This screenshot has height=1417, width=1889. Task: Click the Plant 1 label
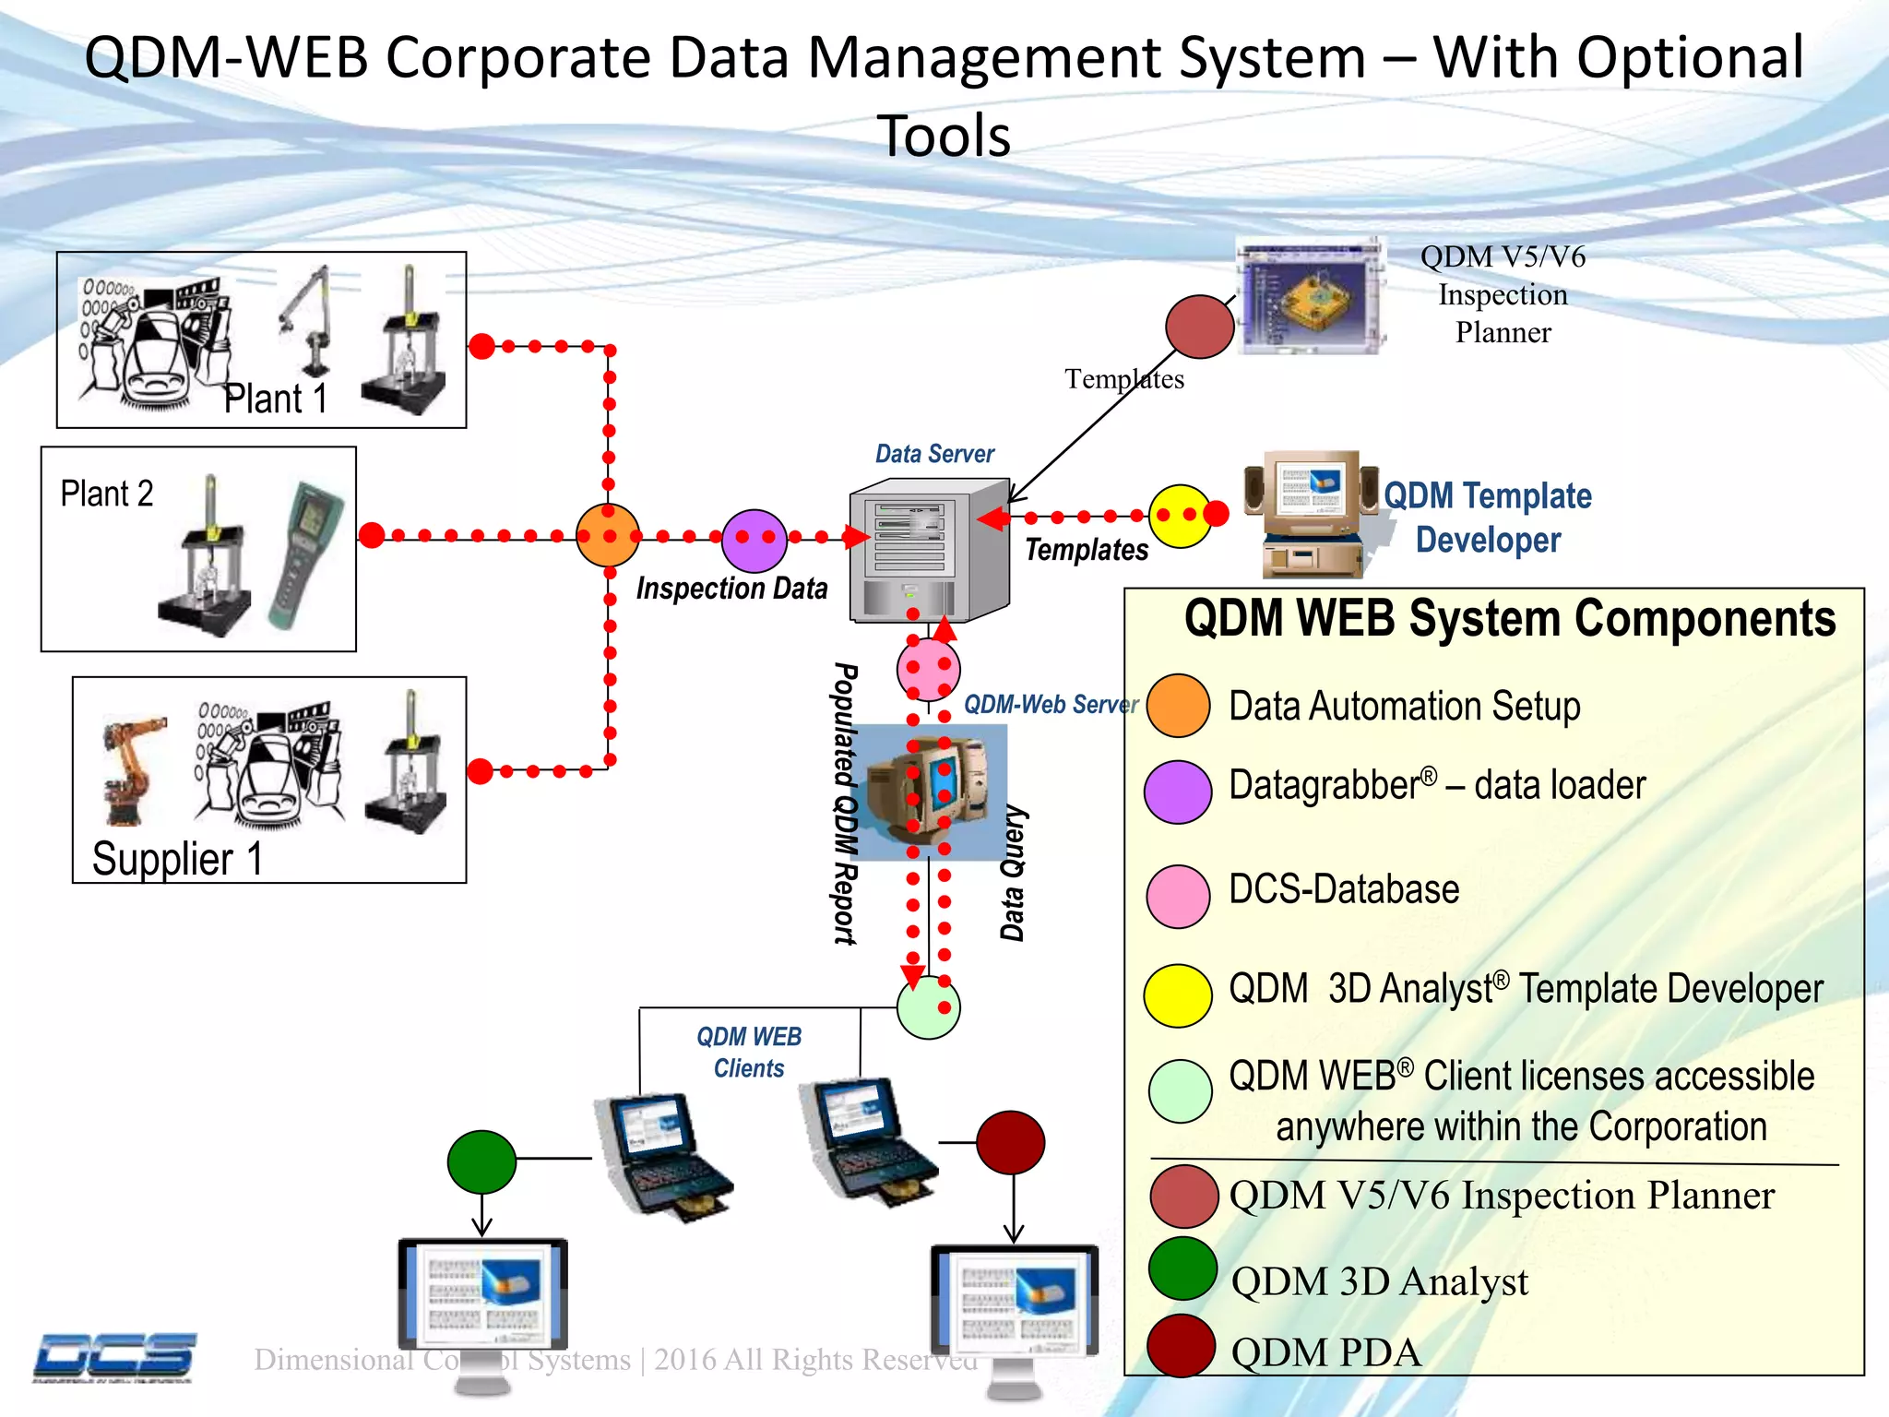[x=276, y=399]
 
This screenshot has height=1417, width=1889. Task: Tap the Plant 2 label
[x=107, y=494]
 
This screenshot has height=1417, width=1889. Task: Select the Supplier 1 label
[x=177, y=859]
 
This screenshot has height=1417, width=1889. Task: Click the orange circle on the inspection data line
[x=608, y=535]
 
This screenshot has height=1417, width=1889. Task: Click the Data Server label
[x=934, y=454]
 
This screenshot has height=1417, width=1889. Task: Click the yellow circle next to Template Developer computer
[x=1181, y=517]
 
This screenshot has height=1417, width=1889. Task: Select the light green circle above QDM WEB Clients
[x=928, y=1007]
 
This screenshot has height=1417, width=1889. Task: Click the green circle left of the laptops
[x=481, y=1161]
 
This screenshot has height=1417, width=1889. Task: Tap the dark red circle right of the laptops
[x=1011, y=1142]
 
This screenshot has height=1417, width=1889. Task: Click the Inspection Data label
[x=731, y=589]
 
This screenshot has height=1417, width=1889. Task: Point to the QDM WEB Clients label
[x=749, y=1052]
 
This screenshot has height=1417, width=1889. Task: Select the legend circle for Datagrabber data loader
[x=1178, y=792]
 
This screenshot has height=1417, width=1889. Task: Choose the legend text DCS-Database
[x=1344, y=889]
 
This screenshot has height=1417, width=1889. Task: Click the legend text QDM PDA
[x=1325, y=1352]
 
